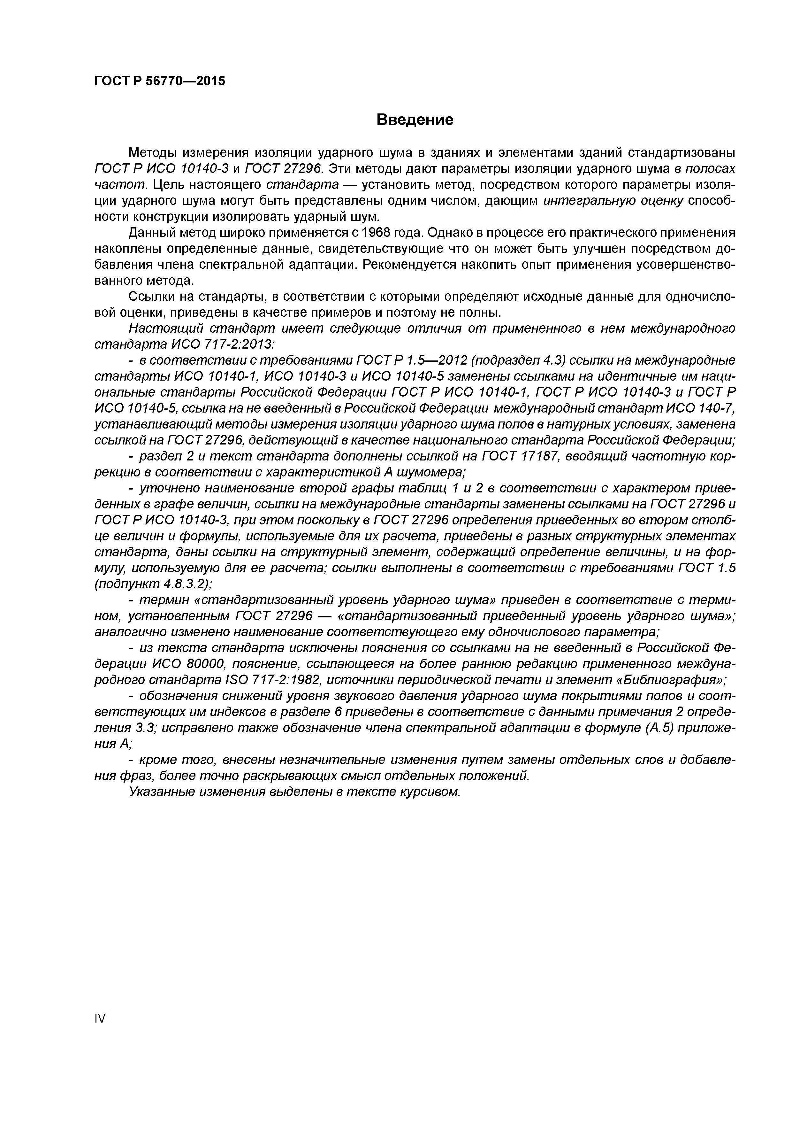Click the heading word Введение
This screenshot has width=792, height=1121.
pos(415,120)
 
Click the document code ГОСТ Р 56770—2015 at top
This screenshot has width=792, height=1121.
pos(160,81)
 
